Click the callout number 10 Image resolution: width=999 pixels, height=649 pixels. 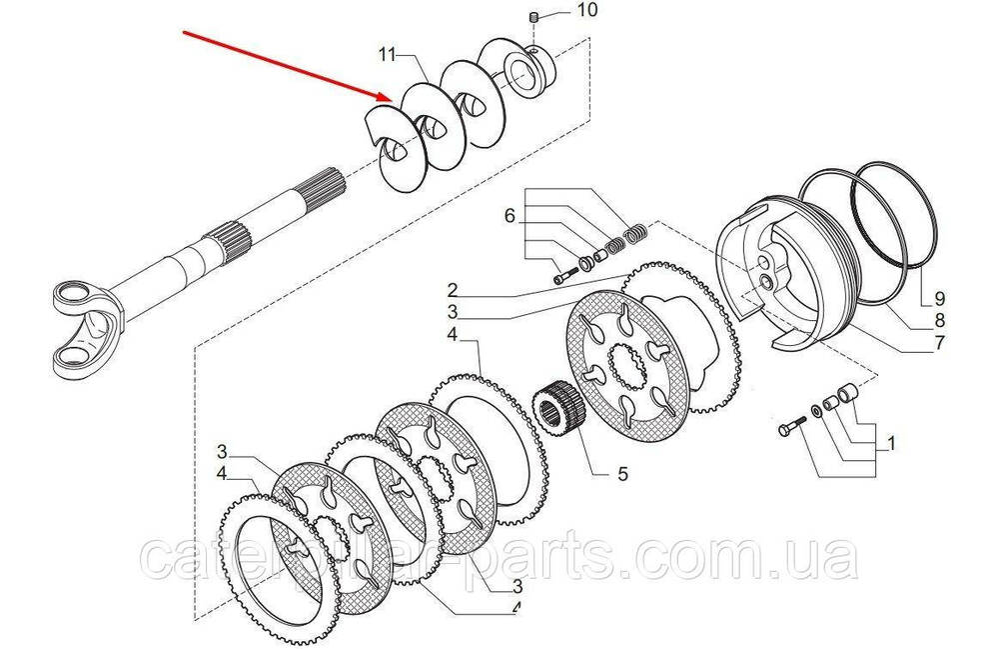pyautogui.click(x=586, y=11)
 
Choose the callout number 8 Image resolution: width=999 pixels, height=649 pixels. pyautogui.click(x=939, y=321)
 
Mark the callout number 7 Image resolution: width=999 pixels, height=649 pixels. pyautogui.click(x=939, y=345)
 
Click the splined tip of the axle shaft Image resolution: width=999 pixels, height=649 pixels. pyautogui.click(x=327, y=189)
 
